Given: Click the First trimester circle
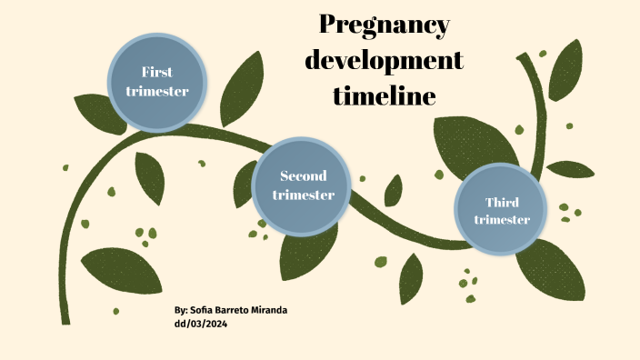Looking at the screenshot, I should point(157,82).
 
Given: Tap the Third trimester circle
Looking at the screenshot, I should point(502,211).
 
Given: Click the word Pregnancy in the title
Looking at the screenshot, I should point(385,25).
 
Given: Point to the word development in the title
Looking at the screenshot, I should point(385,61).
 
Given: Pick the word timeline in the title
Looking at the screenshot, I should point(384,95).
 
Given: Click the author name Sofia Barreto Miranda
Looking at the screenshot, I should point(239,311).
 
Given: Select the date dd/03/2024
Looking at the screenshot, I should point(200,324).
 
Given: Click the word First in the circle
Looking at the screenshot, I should point(157,73).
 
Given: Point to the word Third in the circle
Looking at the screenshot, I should point(502,202).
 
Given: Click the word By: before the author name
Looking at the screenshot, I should point(181,311).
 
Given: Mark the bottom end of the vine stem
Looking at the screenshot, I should point(65,320).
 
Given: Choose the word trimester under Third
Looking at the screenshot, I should point(502,220).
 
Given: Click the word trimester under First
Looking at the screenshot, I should point(157,91).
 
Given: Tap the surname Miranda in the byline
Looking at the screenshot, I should point(269,311).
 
